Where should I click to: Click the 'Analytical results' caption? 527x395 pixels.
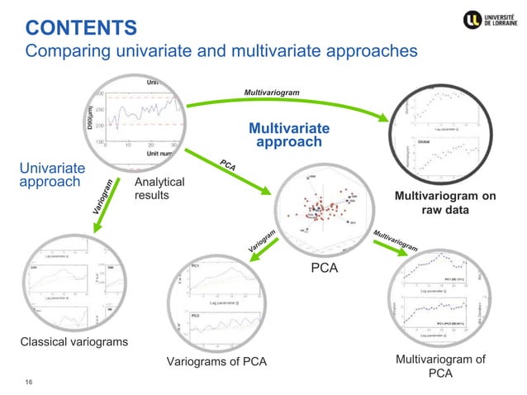[159, 188]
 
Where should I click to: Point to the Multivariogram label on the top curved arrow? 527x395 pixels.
[271, 93]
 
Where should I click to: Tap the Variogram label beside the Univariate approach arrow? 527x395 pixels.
[99, 200]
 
